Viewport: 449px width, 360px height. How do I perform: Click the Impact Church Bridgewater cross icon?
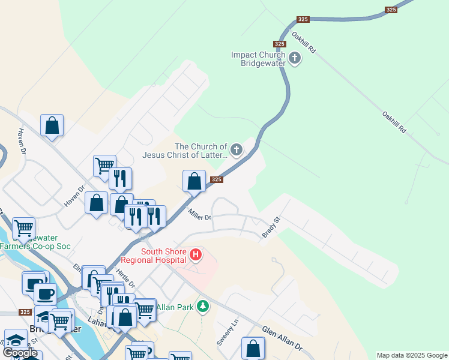point(295,58)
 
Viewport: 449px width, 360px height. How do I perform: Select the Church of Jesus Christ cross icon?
point(237,149)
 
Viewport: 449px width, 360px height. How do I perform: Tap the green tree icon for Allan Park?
point(203,307)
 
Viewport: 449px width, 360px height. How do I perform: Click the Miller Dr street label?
point(200,214)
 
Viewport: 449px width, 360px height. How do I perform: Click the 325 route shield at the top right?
point(391,10)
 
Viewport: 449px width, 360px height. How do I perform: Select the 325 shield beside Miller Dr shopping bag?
point(217,179)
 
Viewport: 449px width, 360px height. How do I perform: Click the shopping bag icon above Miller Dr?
point(194,181)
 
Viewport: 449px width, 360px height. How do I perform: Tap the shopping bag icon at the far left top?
point(52,125)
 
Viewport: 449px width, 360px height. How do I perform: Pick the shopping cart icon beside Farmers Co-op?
point(23,227)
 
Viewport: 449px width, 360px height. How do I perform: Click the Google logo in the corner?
point(20,353)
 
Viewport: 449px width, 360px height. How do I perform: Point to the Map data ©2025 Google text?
point(412,355)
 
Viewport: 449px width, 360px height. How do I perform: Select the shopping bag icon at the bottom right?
point(253,348)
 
